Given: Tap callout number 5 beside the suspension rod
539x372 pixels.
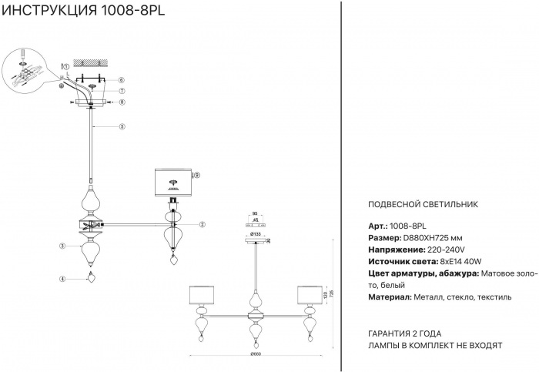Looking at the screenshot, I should (x=122, y=126).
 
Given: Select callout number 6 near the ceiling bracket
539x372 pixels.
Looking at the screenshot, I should (x=122, y=80).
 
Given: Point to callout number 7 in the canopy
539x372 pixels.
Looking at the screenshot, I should (x=122, y=91).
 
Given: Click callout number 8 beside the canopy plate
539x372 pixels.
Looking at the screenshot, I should (x=122, y=102).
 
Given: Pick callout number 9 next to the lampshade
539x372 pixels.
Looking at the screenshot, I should (x=198, y=176).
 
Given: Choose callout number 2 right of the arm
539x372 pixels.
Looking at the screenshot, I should (x=202, y=225).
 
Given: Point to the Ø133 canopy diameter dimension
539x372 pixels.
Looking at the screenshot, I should (x=255, y=232).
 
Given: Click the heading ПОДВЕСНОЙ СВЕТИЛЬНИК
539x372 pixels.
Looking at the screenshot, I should (x=424, y=205).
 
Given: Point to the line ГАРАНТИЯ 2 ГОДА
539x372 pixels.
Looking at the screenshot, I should (x=406, y=333).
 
